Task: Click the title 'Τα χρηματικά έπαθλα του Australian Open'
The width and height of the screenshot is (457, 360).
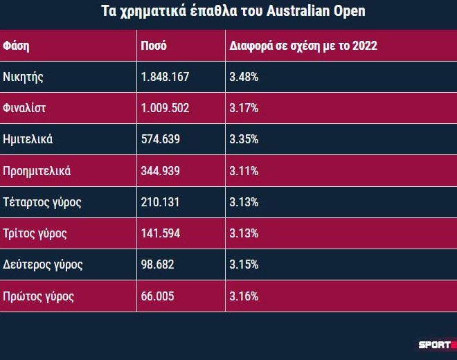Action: click(x=228, y=12)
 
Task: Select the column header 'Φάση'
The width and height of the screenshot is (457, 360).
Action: click(x=16, y=46)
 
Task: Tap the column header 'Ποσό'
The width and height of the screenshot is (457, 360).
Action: click(x=154, y=46)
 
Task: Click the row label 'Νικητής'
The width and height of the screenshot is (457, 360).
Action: click(x=24, y=77)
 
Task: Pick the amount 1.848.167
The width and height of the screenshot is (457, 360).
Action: click(x=165, y=77)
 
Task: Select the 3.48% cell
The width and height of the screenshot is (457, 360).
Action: click(x=244, y=77)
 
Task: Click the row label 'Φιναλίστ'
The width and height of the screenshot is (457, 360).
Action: click(x=24, y=108)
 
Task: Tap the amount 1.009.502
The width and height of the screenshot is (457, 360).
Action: click(x=165, y=108)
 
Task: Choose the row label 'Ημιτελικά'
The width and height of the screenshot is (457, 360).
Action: click(x=28, y=139)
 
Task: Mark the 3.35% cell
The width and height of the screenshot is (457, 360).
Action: click(x=244, y=139)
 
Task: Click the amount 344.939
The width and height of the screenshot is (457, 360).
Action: click(x=161, y=170)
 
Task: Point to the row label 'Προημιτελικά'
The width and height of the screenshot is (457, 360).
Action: click(x=37, y=170)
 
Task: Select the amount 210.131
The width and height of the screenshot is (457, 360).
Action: click(x=161, y=202)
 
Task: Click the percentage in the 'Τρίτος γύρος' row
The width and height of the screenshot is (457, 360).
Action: click(x=244, y=233)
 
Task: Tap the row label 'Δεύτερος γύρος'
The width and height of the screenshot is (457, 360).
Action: click(x=43, y=264)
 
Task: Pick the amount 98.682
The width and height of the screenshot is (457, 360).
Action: click(x=158, y=264)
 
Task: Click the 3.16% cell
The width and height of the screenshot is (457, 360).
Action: click(x=244, y=296)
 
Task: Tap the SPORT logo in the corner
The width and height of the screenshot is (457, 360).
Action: click(x=435, y=344)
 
